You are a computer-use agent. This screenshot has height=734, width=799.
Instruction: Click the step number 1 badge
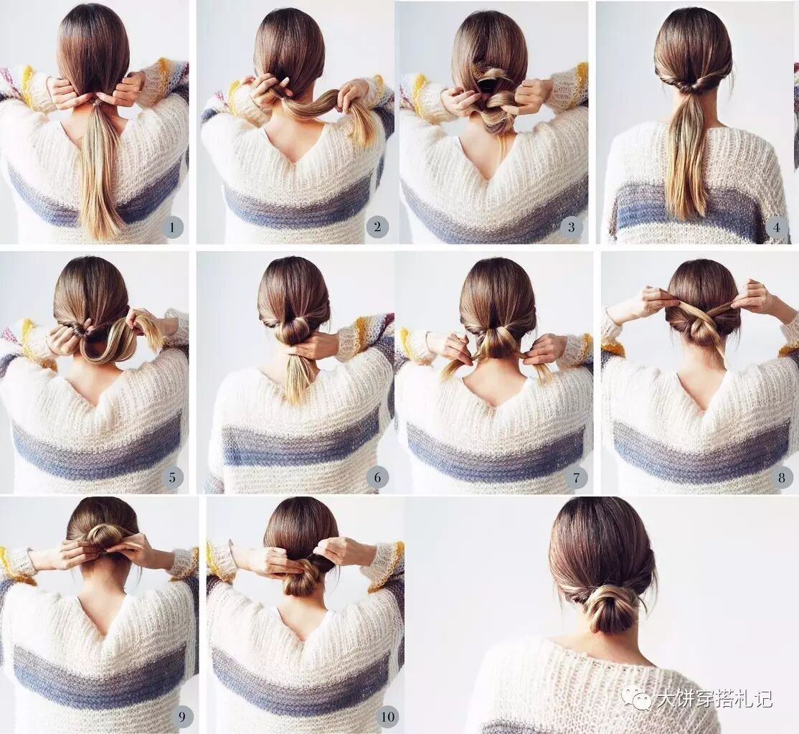click(171, 227)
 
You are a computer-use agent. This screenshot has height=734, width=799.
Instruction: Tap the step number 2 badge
click(377, 227)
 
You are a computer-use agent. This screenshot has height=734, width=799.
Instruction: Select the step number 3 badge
click(571, 227)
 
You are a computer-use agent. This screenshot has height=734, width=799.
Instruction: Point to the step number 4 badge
click(777, 227)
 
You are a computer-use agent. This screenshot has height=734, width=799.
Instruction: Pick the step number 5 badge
click(171, 478)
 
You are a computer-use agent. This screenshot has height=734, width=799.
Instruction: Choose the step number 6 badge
click(377, 478)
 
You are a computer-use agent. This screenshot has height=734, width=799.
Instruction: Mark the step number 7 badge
click(577, 478)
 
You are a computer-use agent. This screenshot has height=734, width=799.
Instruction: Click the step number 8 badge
click(782, 478)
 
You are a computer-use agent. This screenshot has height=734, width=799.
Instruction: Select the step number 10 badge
click(388, 717)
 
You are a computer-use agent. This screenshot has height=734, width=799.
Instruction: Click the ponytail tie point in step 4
click(693, 88)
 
